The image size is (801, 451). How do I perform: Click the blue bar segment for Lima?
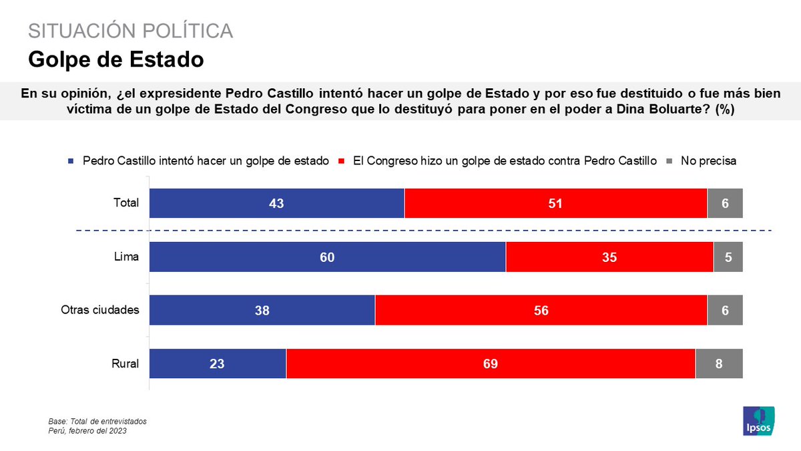click(327, 257)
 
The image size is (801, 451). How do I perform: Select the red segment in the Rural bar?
click(491, 364)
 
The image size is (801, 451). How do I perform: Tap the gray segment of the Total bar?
click(725, 204)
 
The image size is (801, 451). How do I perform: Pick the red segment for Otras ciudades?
click(541, 311)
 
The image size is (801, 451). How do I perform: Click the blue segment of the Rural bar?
click(218, 364)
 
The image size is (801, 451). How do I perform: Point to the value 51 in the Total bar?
click(555, 204)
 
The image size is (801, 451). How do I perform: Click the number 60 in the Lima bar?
click(327, 257)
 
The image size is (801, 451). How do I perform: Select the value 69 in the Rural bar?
click(491, 364)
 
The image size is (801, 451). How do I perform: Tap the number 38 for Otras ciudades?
click(262, 311)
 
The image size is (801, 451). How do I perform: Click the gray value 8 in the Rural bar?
click(719, 364)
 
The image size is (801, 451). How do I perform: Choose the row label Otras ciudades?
click(99, 311)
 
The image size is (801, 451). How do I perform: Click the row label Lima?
click(127, 257)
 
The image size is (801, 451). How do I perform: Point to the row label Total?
click(125, 202)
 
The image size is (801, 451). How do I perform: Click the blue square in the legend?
click(71, 162)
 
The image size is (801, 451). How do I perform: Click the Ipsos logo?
click(759, 420)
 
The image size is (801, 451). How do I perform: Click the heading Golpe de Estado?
click(115, 59)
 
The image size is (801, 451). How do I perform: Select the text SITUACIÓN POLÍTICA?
click(130, 31)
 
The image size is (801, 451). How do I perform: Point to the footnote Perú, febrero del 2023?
click(87, 431)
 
